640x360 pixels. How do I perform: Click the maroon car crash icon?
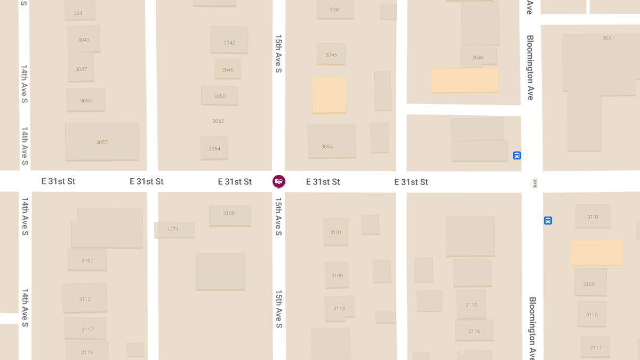pyautogui.click(x=278, y=181)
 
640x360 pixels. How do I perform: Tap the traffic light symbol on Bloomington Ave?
pyautogui.click(x=535, y=183)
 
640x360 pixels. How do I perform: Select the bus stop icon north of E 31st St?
pyautogui.click(x=517, y=156)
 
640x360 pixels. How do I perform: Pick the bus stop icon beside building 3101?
pyautogui.click(x=548, y=220)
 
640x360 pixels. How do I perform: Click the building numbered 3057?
pyautogui.click(x=102, y=142)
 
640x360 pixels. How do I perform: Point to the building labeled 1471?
pyautogui.click(x=174, y=230)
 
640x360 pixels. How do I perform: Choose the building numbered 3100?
pyautogui.click(x=229, y=215)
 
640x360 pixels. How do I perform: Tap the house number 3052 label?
pyautogui.click(x=218, y=121)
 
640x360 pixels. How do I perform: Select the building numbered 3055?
pyautogui.click(x=331, y=141)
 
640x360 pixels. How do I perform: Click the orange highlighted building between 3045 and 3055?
pyautogui.click(x=329, y=95)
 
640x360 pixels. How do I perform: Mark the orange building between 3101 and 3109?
pyautogui.click(x=596, y=253)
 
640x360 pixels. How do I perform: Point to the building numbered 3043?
pyautogui.click(x=84, y=39)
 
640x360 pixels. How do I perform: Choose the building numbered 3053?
pyautogui.click(x=85, y=100)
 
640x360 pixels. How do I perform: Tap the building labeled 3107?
pyautogui.click(x=87, y=260)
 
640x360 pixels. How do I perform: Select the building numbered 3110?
pyautogui.click(x=471, y=304)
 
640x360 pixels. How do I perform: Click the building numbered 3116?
pyautogui.click(x=474, y=330)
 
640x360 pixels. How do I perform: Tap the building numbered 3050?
pyautogui.click(x=219, y=96)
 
